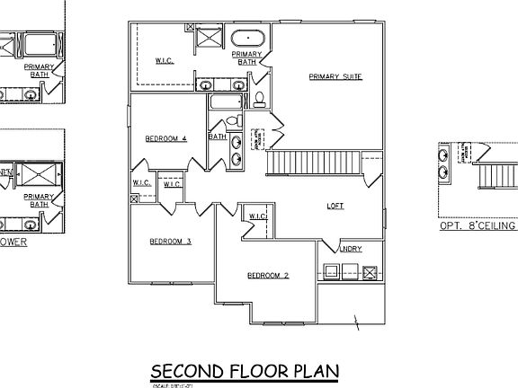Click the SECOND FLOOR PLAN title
click(244, 370)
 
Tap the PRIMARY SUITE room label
click(335, 77)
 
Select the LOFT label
click(335, 206)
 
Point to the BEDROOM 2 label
click(267, 275)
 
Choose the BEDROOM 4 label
click(165, 138)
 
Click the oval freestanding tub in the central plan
click(246, 39)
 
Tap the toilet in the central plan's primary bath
click(260, 98)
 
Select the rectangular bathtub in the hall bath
click(221, 103)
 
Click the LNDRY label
click(351, 249)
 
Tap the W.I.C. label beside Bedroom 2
click(256, 216)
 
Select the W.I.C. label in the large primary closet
click(164, 61)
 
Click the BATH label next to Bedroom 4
click(217, 137)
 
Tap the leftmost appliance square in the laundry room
click(330, 271)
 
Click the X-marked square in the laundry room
click(369, 271)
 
